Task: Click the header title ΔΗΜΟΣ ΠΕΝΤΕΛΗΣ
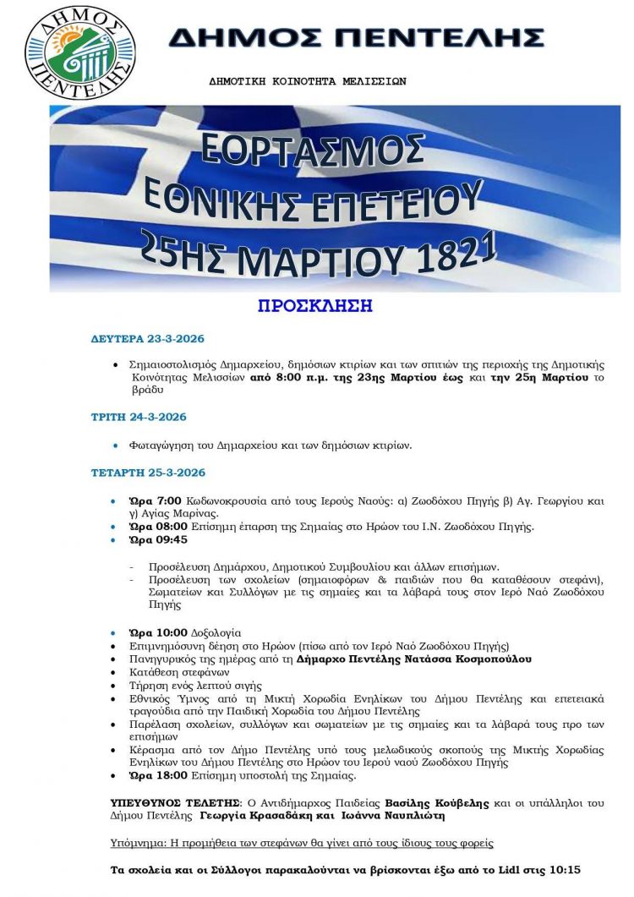356,37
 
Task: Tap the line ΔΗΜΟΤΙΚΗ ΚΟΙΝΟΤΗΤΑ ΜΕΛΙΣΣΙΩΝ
308,82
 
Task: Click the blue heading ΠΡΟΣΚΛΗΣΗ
315,305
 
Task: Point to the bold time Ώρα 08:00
149,527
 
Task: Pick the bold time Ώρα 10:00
149,632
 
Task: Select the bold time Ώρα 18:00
149,774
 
